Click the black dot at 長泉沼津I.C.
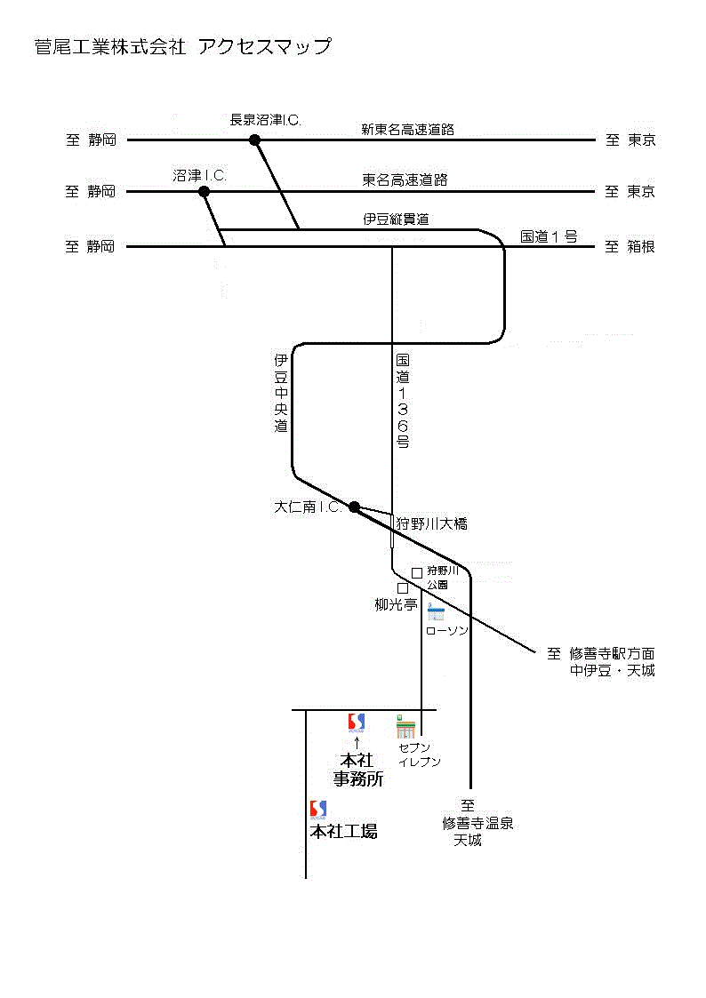(255, 140)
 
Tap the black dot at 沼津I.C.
(204, 191)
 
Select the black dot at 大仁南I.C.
(354, 507)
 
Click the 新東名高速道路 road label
(407, 130)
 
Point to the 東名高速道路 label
(405, 180)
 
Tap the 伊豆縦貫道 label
(396, 219)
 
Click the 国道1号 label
(549, 236)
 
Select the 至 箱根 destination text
(630, 247)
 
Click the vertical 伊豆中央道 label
(281, 394)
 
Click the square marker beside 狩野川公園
(416, 573)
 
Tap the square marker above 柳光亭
(402, 588)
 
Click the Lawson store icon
(436, 612)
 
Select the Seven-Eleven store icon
(405, 727)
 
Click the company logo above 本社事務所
(356, 723)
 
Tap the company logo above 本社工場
(317, 810)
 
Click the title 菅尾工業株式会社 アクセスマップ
(182, 47)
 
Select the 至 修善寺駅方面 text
(601, 654)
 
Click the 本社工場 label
(343, 832)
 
